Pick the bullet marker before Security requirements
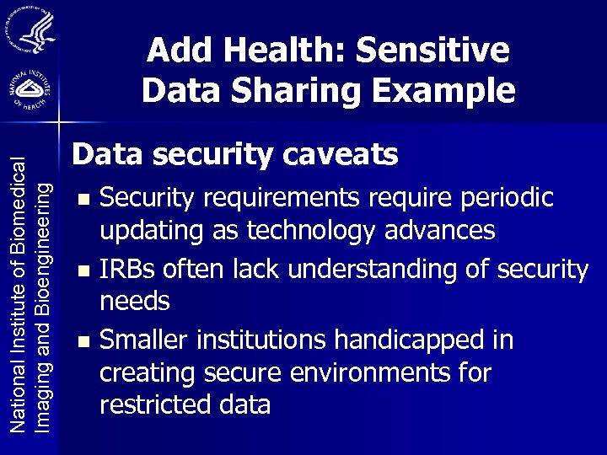click(82, 201)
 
